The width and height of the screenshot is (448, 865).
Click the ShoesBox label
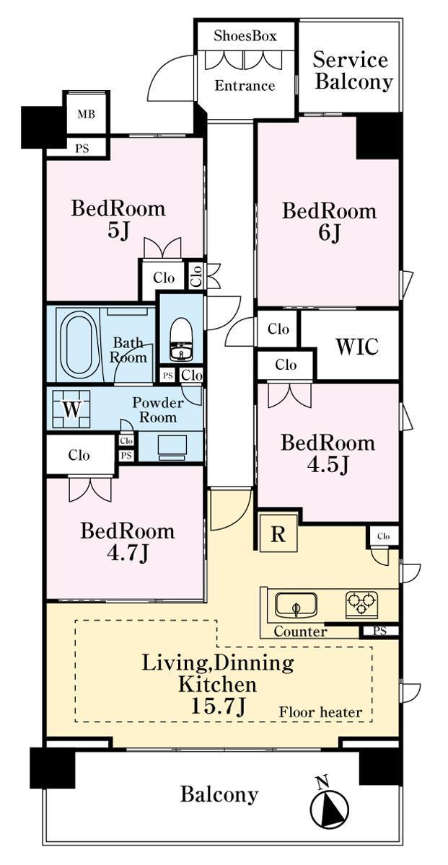point(245,36)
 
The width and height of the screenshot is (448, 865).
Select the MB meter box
point(87,115)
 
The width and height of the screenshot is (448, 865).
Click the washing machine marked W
point(71,409)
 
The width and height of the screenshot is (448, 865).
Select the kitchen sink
point(296,605)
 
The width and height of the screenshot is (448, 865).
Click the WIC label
point(357,347)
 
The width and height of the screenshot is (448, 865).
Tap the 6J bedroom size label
point(330,233)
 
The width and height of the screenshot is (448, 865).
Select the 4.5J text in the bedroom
point(328,465)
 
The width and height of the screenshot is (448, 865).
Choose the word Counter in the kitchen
point(300,631)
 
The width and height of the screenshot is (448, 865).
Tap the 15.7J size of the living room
point(219,706)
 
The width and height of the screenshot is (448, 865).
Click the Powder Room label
point(158,409)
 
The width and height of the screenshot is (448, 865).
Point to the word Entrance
point(245,85)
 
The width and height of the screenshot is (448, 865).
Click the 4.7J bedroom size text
point(128,554)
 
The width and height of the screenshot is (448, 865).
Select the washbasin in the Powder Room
point(172,447)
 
